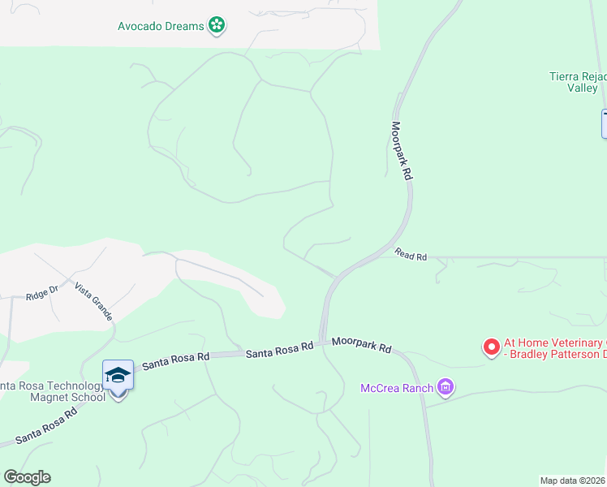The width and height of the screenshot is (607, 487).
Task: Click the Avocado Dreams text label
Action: (x=161, y=26)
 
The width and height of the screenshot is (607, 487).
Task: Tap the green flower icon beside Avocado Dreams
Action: (x=217, y=26)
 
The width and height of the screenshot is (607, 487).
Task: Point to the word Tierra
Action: (x=566, y=77)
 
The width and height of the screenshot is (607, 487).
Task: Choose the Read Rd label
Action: (x=411, y=256)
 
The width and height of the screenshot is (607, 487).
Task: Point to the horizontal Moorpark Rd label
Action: (x=362, y=345)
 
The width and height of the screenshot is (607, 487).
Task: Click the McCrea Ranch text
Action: (x=397, y=388)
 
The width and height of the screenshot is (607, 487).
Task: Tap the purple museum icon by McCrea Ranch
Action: (x=445, y=388)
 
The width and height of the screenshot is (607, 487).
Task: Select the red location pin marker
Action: (x=491, y=347)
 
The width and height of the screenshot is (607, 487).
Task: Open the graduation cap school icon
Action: (x=118, y=375)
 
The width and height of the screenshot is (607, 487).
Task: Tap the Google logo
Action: (x=27, y=477)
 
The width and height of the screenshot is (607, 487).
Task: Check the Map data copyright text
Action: (x=573, y=481)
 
